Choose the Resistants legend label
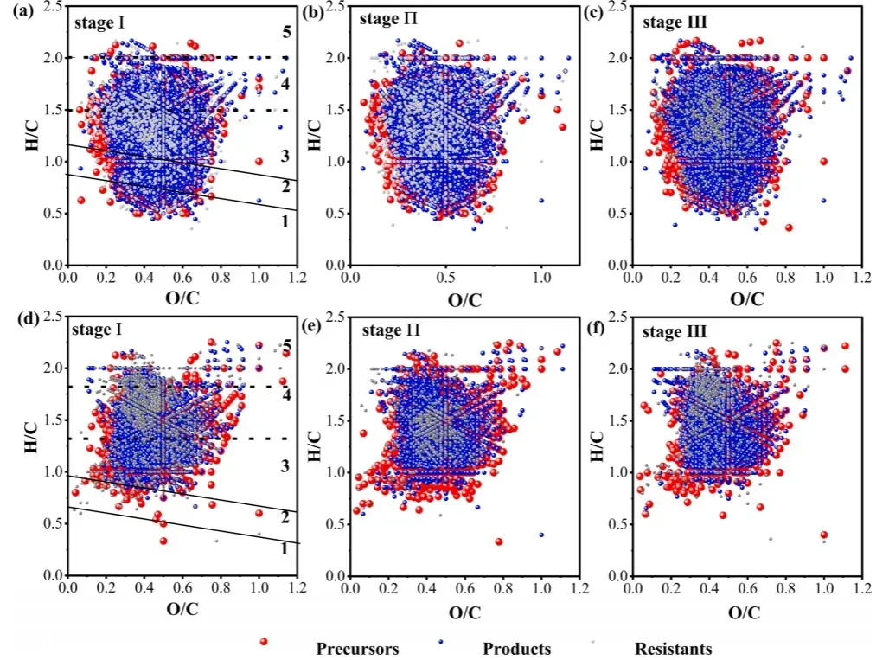click(674, 648)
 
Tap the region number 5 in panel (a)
click(286, 33)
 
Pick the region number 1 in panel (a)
click(285, 221)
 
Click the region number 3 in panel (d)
click(285, 467)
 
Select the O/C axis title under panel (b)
click(464, 300)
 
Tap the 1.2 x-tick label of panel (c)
click(861, 279)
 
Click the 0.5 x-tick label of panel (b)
click(444, 279)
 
